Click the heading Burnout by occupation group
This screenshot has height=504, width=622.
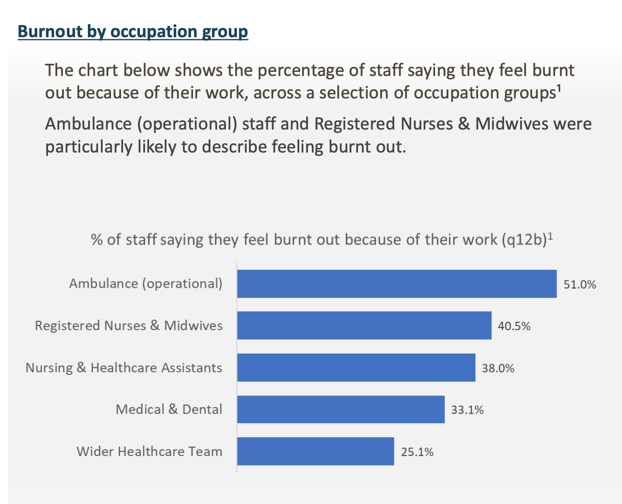[x=133, y=32]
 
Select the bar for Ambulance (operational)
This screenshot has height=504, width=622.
[x=397, y=284]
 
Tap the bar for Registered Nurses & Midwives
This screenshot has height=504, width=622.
[x=364, y=325]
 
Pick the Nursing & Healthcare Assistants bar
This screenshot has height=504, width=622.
[x=356, y=367]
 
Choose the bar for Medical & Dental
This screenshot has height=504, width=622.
[x=341, y=409]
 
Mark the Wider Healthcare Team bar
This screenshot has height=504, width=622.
[x=316, y=451]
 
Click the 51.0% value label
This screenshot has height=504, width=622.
[x=580, y=285]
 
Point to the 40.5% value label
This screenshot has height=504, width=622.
[x=514, y=326]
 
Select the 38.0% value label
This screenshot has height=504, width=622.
[x=498, y=368]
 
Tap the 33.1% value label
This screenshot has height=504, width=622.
[x=467, y=410]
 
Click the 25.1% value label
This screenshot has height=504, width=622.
[x=417, y=452]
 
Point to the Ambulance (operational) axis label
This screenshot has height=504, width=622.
[x=146, y=284]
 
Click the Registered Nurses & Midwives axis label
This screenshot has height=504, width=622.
[x=129, y=325]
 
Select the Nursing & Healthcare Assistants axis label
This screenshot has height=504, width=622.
[x=124, y=367]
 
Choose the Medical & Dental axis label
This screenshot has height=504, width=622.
[x=169, y=409]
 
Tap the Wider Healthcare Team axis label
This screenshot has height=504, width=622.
[x=149, y=451]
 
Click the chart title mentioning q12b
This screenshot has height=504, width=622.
[x=321, y=239]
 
